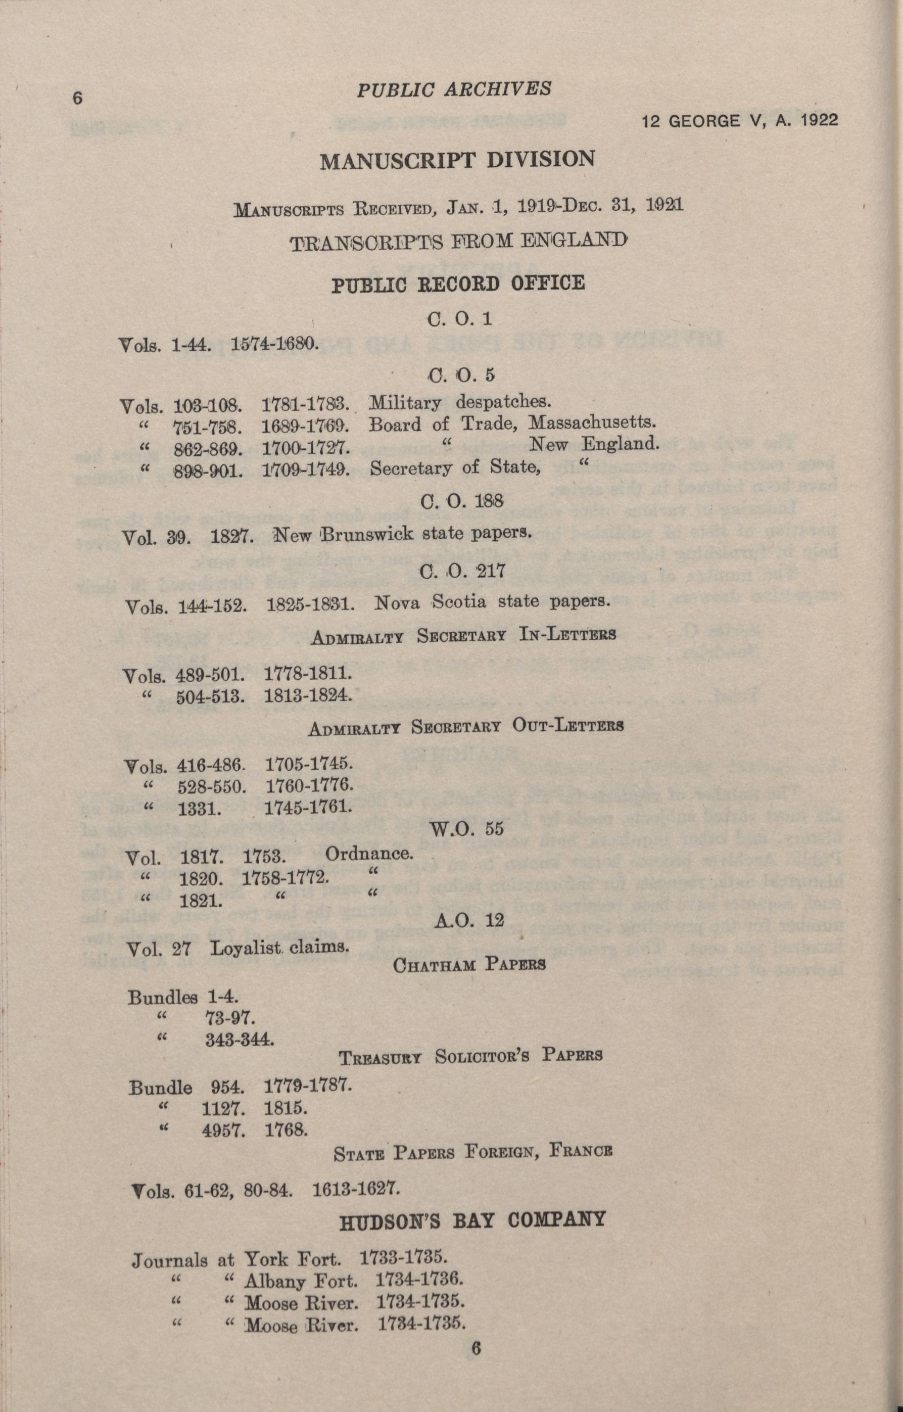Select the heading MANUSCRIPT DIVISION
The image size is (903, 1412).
coord(457,160)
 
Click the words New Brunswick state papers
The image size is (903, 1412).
coord(402,534)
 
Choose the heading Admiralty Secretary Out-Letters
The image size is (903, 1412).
coord(465,727)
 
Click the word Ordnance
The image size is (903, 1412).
coord(369,853)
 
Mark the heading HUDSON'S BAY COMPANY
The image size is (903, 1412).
coord(472,1219)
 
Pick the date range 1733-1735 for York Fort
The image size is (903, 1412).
coord(404,1258)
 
